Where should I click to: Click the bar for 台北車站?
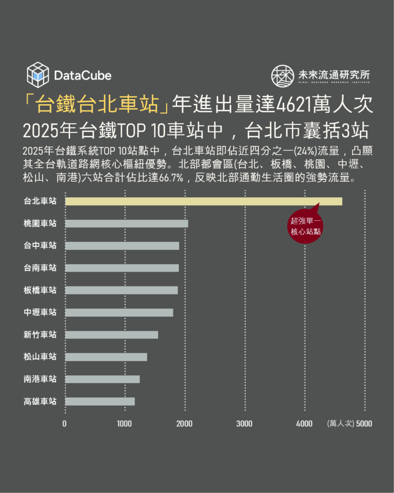[203, 201]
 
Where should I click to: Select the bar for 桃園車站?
[126, 223]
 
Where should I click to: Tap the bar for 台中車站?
[122, 245]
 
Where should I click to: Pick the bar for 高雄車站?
[100, 402]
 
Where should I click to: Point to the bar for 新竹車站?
[111, 335]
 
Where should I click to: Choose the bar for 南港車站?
[102, 379]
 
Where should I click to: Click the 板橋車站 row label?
[40, 290]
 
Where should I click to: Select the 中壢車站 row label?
[40, 312]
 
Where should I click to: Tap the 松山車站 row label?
[40, 357]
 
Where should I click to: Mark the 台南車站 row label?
[40, 268]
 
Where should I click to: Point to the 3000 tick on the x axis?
[244, 424]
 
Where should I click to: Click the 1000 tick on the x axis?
[125, 424]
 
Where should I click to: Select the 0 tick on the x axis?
[65, 424]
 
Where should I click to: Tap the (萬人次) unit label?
[341, 424]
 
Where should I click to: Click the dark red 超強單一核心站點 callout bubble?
[305, 226]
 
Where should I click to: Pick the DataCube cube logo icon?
[37, 74]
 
